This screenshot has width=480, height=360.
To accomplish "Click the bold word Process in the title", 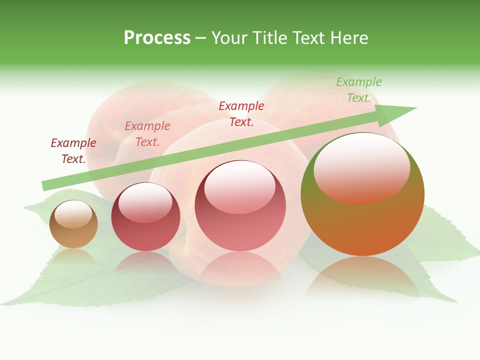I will coord(157,38).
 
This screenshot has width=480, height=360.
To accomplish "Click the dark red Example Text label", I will coord(73,151).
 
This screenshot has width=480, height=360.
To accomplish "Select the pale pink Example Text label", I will coord(147,134).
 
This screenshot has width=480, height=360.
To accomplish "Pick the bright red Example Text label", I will coord(241,114).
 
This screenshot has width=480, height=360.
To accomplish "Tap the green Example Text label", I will coord(359,90).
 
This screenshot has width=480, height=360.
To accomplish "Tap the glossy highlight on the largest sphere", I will coord(361,167).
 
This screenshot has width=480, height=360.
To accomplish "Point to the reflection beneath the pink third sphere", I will coord(240,267).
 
